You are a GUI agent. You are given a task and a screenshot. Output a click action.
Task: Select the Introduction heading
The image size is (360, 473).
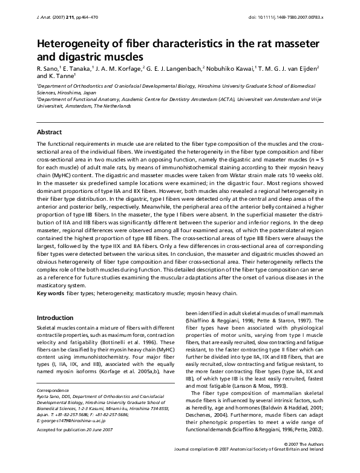(56, 318)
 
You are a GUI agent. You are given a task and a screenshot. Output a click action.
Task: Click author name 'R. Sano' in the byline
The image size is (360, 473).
(50, 70)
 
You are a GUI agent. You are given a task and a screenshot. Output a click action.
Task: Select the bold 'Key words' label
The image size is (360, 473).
(50, 293)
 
